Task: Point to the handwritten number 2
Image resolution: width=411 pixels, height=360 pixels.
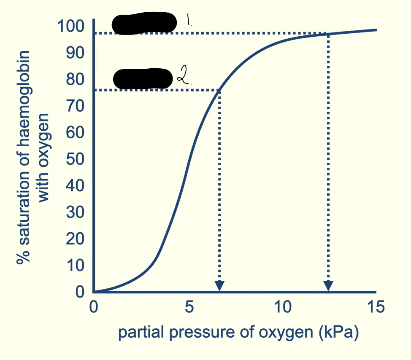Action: [x=182, y=77]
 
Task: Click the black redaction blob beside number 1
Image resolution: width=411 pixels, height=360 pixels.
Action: [x=144, y=23]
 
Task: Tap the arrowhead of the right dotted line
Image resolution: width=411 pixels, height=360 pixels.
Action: [x=328, y=285]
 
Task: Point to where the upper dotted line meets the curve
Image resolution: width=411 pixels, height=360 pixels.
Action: [x=328, y=34]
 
